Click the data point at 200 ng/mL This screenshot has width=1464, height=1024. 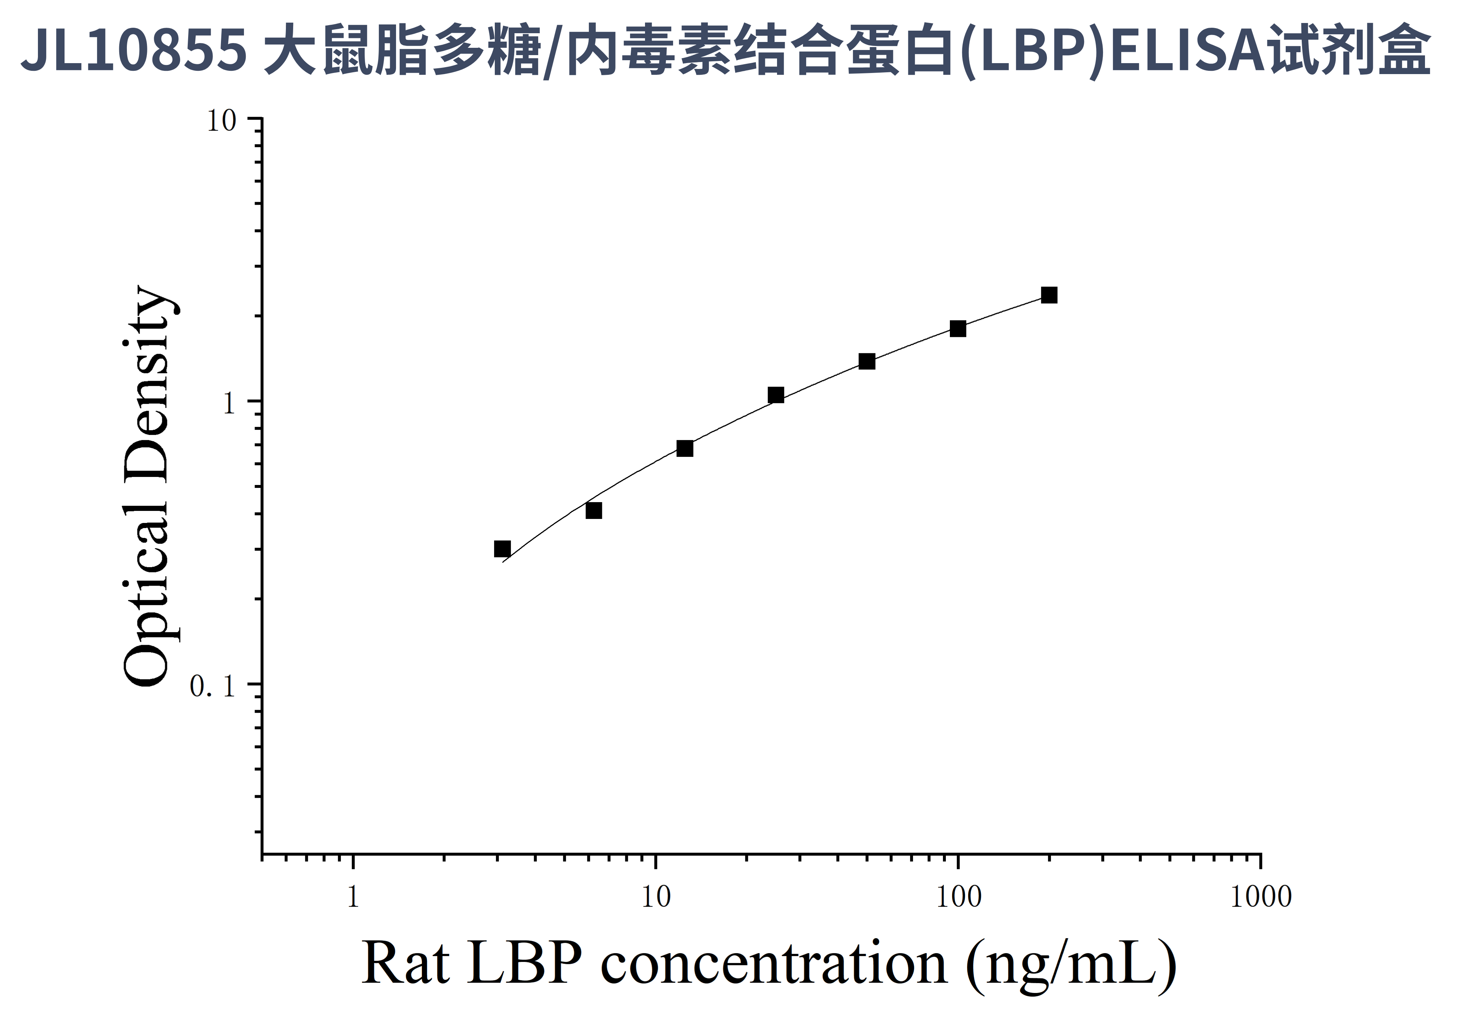click(x=1049, y=295)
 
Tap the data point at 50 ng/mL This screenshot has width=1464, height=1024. click(x=866, y=362)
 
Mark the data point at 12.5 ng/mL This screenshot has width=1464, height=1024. click(x=685, y=449)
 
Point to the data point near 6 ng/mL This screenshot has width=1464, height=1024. click(x=594, y=511)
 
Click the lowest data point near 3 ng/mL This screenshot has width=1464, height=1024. click(x=502, y=549)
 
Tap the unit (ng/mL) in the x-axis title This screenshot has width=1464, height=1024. click(x=1071, y=965)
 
